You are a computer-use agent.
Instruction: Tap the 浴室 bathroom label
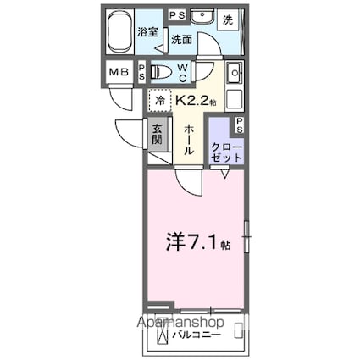[149, 32]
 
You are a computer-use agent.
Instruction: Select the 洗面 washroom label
[181, 39]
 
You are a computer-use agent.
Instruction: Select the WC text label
[182, 73]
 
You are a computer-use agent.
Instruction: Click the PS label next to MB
[141, 72]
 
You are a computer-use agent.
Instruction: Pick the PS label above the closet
[240, 126]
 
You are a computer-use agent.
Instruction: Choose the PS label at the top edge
[178, 14]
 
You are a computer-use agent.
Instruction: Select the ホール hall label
[189, 137]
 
